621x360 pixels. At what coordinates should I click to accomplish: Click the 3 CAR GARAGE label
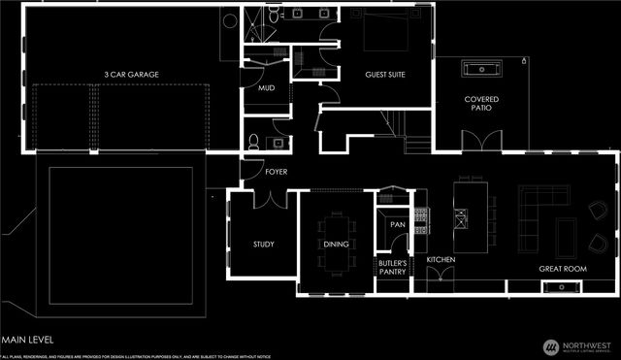pos(131,75)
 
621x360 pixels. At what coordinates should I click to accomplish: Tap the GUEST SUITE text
pos(384,75)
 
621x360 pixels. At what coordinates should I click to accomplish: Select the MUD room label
pos(265,88)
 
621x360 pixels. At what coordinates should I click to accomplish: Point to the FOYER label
pos(277,172)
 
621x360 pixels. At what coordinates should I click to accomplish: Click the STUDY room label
pos(264,245)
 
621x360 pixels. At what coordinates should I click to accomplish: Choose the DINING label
pos(336,245)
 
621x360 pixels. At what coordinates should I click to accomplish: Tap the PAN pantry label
pos(397,225)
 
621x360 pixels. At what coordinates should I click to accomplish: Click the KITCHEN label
pos(441,260)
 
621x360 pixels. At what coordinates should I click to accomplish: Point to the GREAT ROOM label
pos(565,268)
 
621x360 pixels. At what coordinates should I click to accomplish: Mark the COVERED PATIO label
pos(481,104)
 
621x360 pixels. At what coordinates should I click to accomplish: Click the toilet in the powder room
pos(253,142)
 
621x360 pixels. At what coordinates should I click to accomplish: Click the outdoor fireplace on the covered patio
pos(482,69)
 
